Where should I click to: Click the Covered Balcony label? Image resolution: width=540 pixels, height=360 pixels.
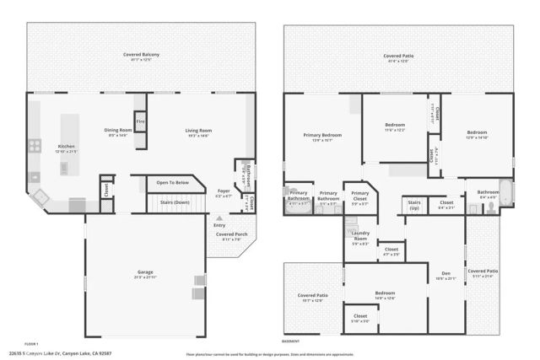[140, 55]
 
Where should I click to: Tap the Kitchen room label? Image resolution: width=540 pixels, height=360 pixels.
[67, 147]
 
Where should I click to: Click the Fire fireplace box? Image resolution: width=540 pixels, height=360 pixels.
[140, 121]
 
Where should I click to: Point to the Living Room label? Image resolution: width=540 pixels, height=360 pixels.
[198, 130]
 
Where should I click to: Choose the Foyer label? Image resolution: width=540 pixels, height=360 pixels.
[223, 191]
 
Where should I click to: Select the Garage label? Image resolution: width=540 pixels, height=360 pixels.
[145, 272]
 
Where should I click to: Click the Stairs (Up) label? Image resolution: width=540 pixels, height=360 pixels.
[414, 203]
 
